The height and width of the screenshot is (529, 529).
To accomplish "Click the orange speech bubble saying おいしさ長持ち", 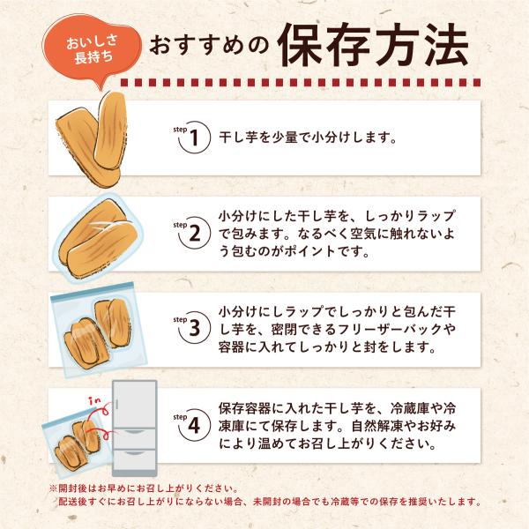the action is point(91,49).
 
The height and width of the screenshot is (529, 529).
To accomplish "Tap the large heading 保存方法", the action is point(372,45).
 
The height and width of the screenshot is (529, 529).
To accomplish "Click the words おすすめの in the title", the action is point(209,46).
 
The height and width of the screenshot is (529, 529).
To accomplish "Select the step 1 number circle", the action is point(194,138).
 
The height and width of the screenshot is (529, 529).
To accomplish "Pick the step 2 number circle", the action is point(194,233).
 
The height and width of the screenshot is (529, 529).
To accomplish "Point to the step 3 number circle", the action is point(194,328).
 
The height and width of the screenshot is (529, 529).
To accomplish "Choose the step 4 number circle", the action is point(194,425).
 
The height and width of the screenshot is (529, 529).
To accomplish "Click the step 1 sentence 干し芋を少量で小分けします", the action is point(308,138).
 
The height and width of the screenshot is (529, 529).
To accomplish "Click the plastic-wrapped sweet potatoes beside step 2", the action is point(98,238).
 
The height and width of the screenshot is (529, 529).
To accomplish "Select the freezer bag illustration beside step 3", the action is point(99,330).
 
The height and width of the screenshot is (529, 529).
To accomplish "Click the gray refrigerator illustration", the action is point(135,428).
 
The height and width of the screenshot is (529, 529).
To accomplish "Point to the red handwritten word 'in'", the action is point(95,401).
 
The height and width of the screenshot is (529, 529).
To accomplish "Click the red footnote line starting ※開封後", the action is point(144,488).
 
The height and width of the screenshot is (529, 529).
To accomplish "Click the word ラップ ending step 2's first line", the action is point(436,216).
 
